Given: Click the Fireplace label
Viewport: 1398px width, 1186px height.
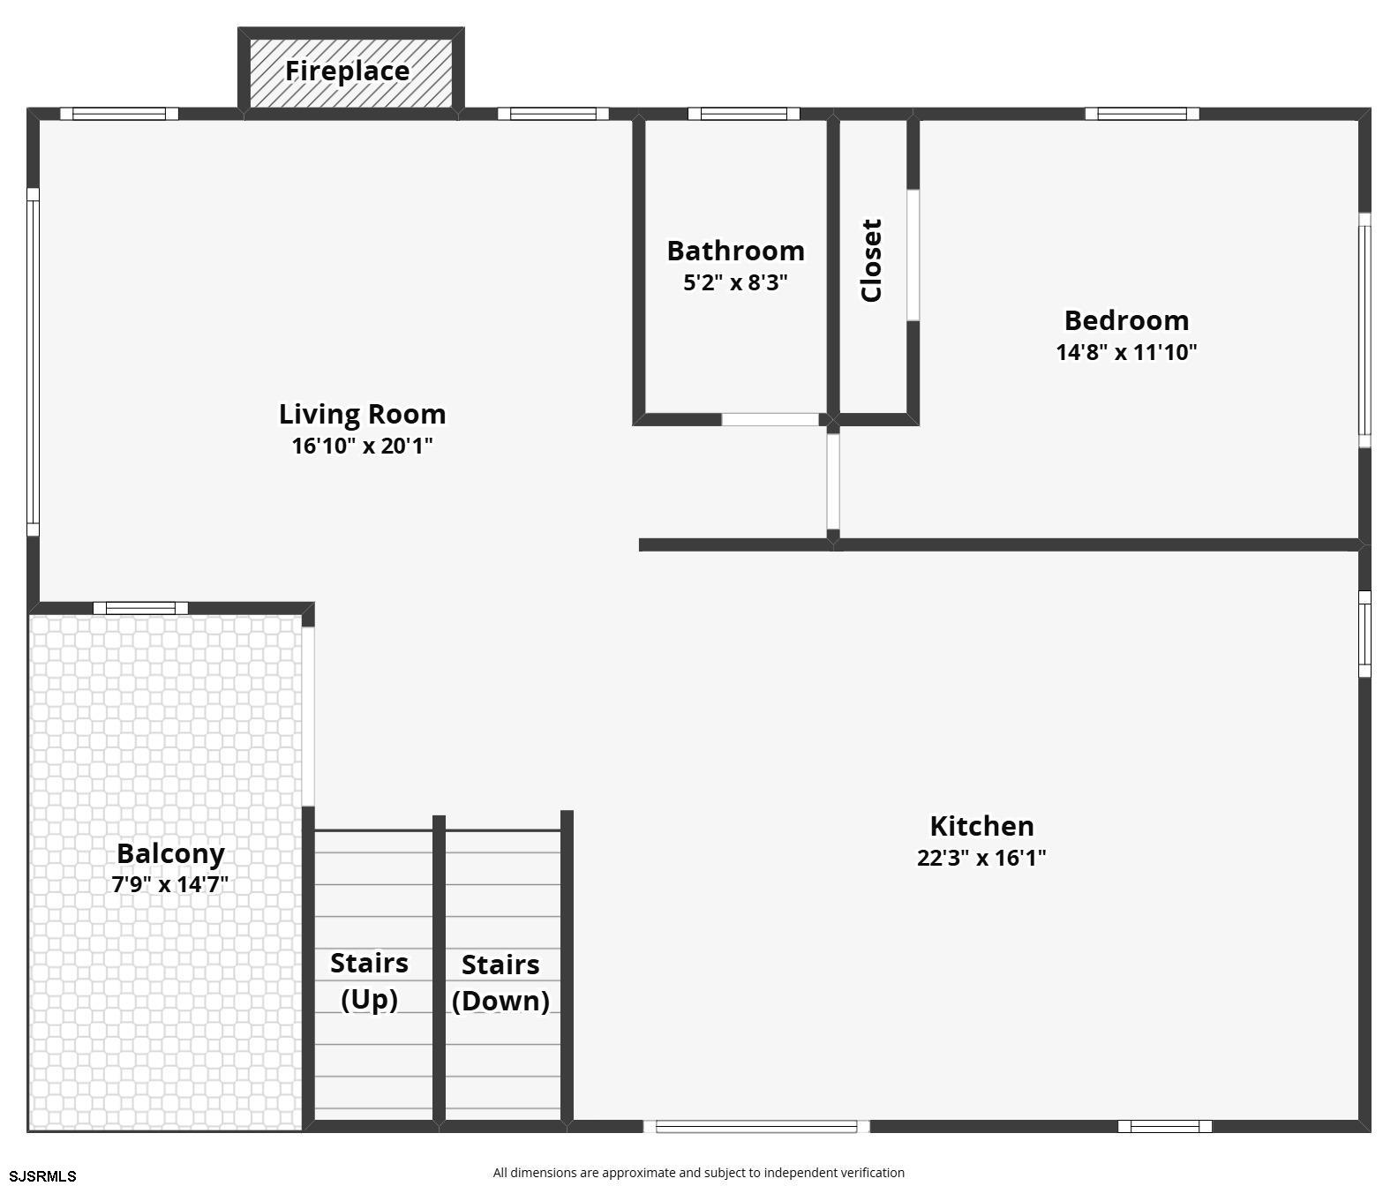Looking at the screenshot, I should click(347, 71).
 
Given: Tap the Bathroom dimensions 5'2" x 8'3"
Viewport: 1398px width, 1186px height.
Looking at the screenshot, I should click(735, 283).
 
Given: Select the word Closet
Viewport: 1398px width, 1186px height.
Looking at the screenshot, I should click(871, 260).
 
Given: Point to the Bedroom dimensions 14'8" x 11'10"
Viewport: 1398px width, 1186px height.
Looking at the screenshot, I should click(1126, 352).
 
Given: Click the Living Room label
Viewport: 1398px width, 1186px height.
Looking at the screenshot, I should click(362, 414).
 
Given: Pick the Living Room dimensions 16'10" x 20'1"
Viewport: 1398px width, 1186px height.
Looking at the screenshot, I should click(362, 446).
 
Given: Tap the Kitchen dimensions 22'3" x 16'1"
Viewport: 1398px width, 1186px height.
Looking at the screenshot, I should click(981, 858).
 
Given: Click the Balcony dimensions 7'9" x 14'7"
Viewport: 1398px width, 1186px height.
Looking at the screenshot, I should click(170, 884).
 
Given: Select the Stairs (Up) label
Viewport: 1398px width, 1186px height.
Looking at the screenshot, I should click(369, 980).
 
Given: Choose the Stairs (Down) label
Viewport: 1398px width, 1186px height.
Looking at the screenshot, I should click(500, 982).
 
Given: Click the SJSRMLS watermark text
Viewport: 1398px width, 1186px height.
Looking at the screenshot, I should click(42, 1175).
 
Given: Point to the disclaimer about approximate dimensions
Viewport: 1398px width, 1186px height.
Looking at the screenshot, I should click(698, 1173).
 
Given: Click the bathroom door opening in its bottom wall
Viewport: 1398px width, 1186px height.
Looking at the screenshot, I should click(770, 419).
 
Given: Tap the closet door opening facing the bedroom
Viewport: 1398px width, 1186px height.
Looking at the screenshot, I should click(913, 255).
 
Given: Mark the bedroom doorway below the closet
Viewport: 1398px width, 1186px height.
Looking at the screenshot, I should click(833, 481).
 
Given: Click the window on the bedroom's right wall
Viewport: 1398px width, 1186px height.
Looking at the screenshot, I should click(1364, 330).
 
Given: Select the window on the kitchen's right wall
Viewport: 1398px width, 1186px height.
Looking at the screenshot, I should click(1364, 634).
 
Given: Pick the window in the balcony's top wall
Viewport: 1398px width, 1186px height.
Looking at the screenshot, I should click(140, 608).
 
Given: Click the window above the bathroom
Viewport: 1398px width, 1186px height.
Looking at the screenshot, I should click(743, 114).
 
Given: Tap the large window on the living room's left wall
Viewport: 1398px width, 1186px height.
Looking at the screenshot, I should click(33, 362).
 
